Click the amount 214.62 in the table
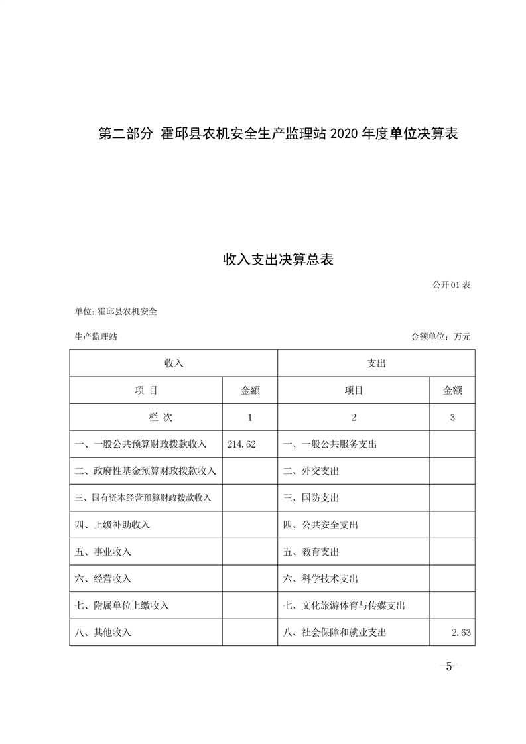pos(241,444)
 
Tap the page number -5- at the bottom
pos(449,666)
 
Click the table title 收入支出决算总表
pos(277,259)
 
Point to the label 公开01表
pos(451,285)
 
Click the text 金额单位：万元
pos(440,336)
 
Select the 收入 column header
pos(173,363)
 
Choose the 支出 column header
pos(376,363)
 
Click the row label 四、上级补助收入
pos(113,525)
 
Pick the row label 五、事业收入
pos(103,552)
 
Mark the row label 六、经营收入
pos(103,578)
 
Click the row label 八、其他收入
pos(103,633)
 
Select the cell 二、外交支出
pos(311,471)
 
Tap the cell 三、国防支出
pos(311,497)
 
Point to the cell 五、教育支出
pos(311,552)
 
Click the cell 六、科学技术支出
pos(320,578)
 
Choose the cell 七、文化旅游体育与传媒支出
pos(344,605)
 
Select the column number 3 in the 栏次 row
pos(452,417)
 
